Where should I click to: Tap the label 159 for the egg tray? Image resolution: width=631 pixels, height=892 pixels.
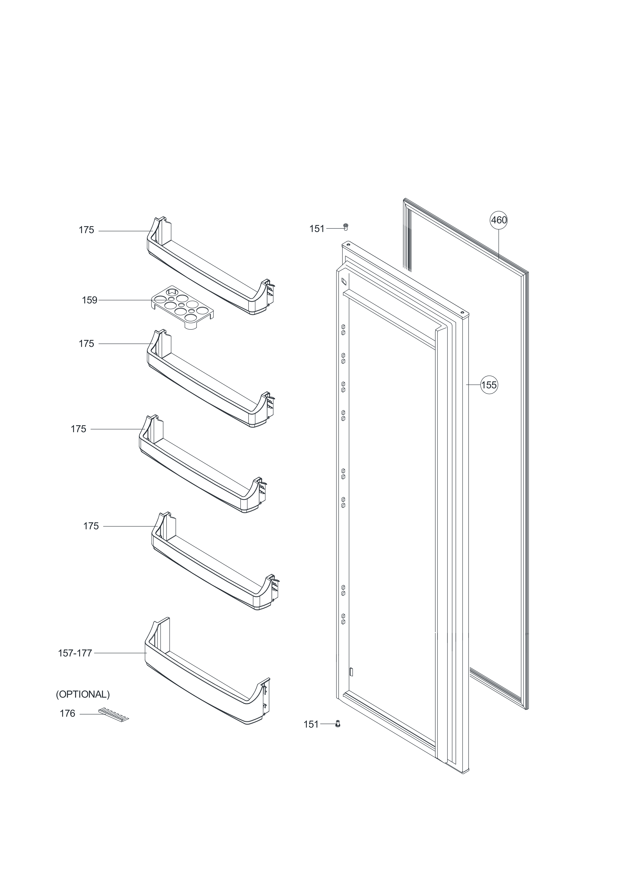89,300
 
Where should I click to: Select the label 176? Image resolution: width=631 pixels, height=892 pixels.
67,714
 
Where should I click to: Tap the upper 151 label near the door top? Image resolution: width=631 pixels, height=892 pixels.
317,229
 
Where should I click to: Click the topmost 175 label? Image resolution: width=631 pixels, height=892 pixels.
86,230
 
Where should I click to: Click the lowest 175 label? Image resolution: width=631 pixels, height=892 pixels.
91,526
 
